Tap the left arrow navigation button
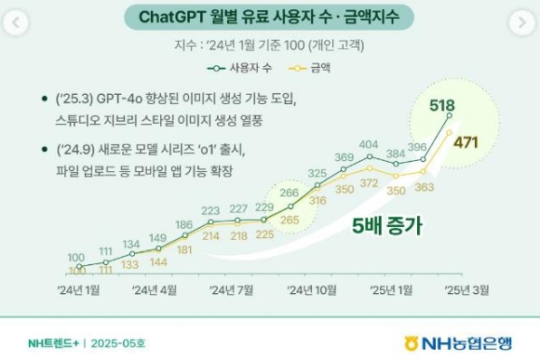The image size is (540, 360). pos(16,22)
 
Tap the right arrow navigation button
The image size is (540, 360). pos(522,22)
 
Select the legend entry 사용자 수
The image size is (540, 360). pos(239,68)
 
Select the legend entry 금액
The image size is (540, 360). pos(309,68)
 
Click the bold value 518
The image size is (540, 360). pos(442,105)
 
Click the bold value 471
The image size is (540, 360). pos(466,142)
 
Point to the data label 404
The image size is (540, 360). pos(369,144)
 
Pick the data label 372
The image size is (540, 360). pos(369,183)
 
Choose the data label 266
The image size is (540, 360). pos(289,193)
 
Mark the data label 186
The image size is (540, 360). pos(184,225)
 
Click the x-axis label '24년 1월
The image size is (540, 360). pos(78,290)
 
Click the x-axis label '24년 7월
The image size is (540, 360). pos(231,290)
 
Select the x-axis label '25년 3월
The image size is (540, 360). pos(466,290)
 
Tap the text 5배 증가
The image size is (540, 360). pos(386,226)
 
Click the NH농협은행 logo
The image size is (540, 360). pos(458,343)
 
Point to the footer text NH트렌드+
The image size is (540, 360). pos(53,343)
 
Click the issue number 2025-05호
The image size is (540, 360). pos(118,343)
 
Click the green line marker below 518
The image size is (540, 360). pos(449,116)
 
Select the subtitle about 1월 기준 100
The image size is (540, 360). pos(269,45)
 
